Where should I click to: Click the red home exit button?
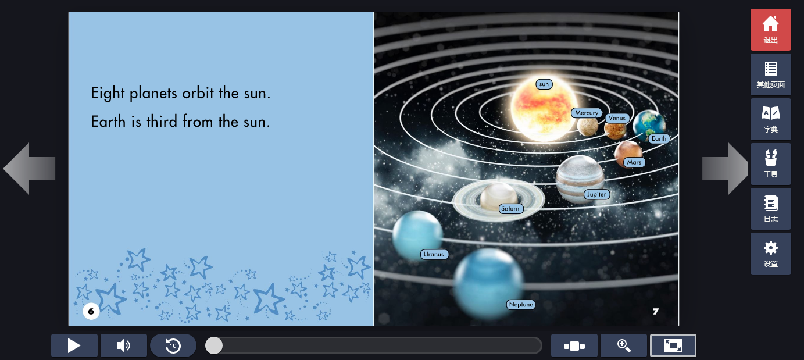771,30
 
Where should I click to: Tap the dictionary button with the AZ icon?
771,119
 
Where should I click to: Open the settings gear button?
771,254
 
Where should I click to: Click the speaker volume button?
123,345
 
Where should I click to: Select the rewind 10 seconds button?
173,345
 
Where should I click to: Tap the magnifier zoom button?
623,345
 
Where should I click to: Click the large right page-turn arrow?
725,168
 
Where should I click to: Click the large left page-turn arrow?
30,168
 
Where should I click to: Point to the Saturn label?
510,209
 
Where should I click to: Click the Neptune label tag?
521,304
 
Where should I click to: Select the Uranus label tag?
434,254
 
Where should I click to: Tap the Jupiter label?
596,194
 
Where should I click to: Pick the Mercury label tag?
587,113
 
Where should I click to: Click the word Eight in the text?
108,94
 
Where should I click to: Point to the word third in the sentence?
162,122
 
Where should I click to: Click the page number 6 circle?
91,311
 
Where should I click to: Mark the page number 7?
656,311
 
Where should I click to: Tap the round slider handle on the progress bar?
214,345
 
